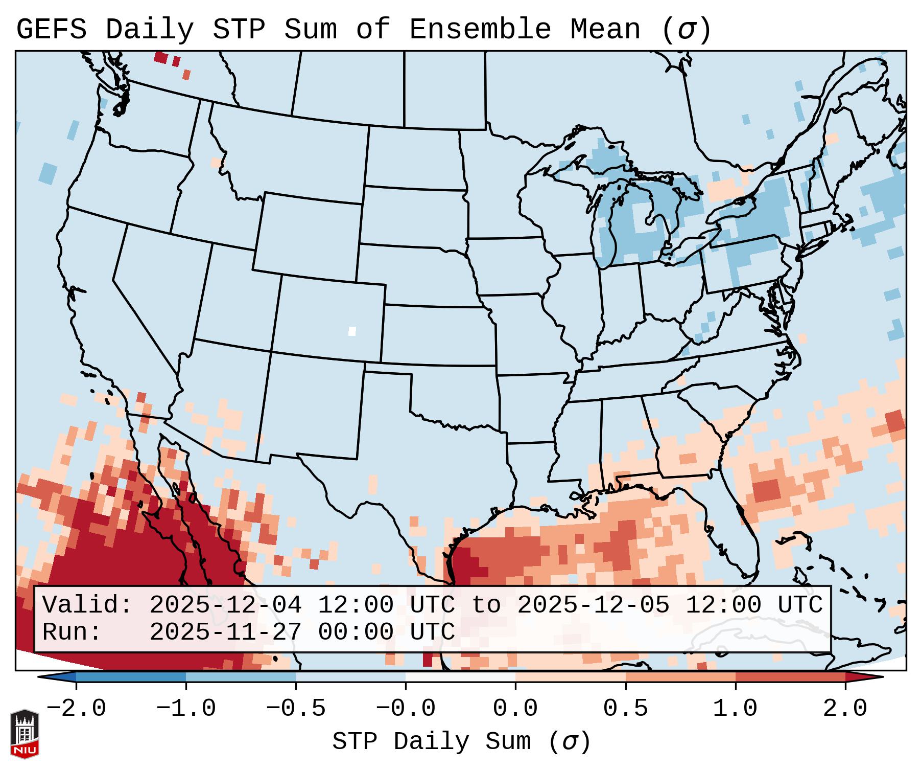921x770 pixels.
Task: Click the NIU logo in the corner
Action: tap(25, 734)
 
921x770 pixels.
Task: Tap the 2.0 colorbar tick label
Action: tap(845, 709)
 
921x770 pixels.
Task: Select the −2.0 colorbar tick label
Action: tap(76, 709)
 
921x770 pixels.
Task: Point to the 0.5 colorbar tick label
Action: tap(625, 709)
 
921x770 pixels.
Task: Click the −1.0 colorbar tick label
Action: tap(186, 709)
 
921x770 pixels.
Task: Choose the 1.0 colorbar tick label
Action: tap(735, 709)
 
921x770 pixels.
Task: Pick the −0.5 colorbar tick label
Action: tap(296, 709)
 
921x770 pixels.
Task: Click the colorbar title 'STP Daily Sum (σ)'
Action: tap(461, 741)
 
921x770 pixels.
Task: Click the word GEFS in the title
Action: tap(51, 29)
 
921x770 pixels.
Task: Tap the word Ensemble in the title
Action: tap(480, 29)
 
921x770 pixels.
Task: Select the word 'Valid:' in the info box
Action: tap(87, 605)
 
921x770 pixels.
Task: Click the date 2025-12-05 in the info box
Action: tap(593, 605)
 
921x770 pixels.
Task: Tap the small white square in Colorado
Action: tap(352, 331)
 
